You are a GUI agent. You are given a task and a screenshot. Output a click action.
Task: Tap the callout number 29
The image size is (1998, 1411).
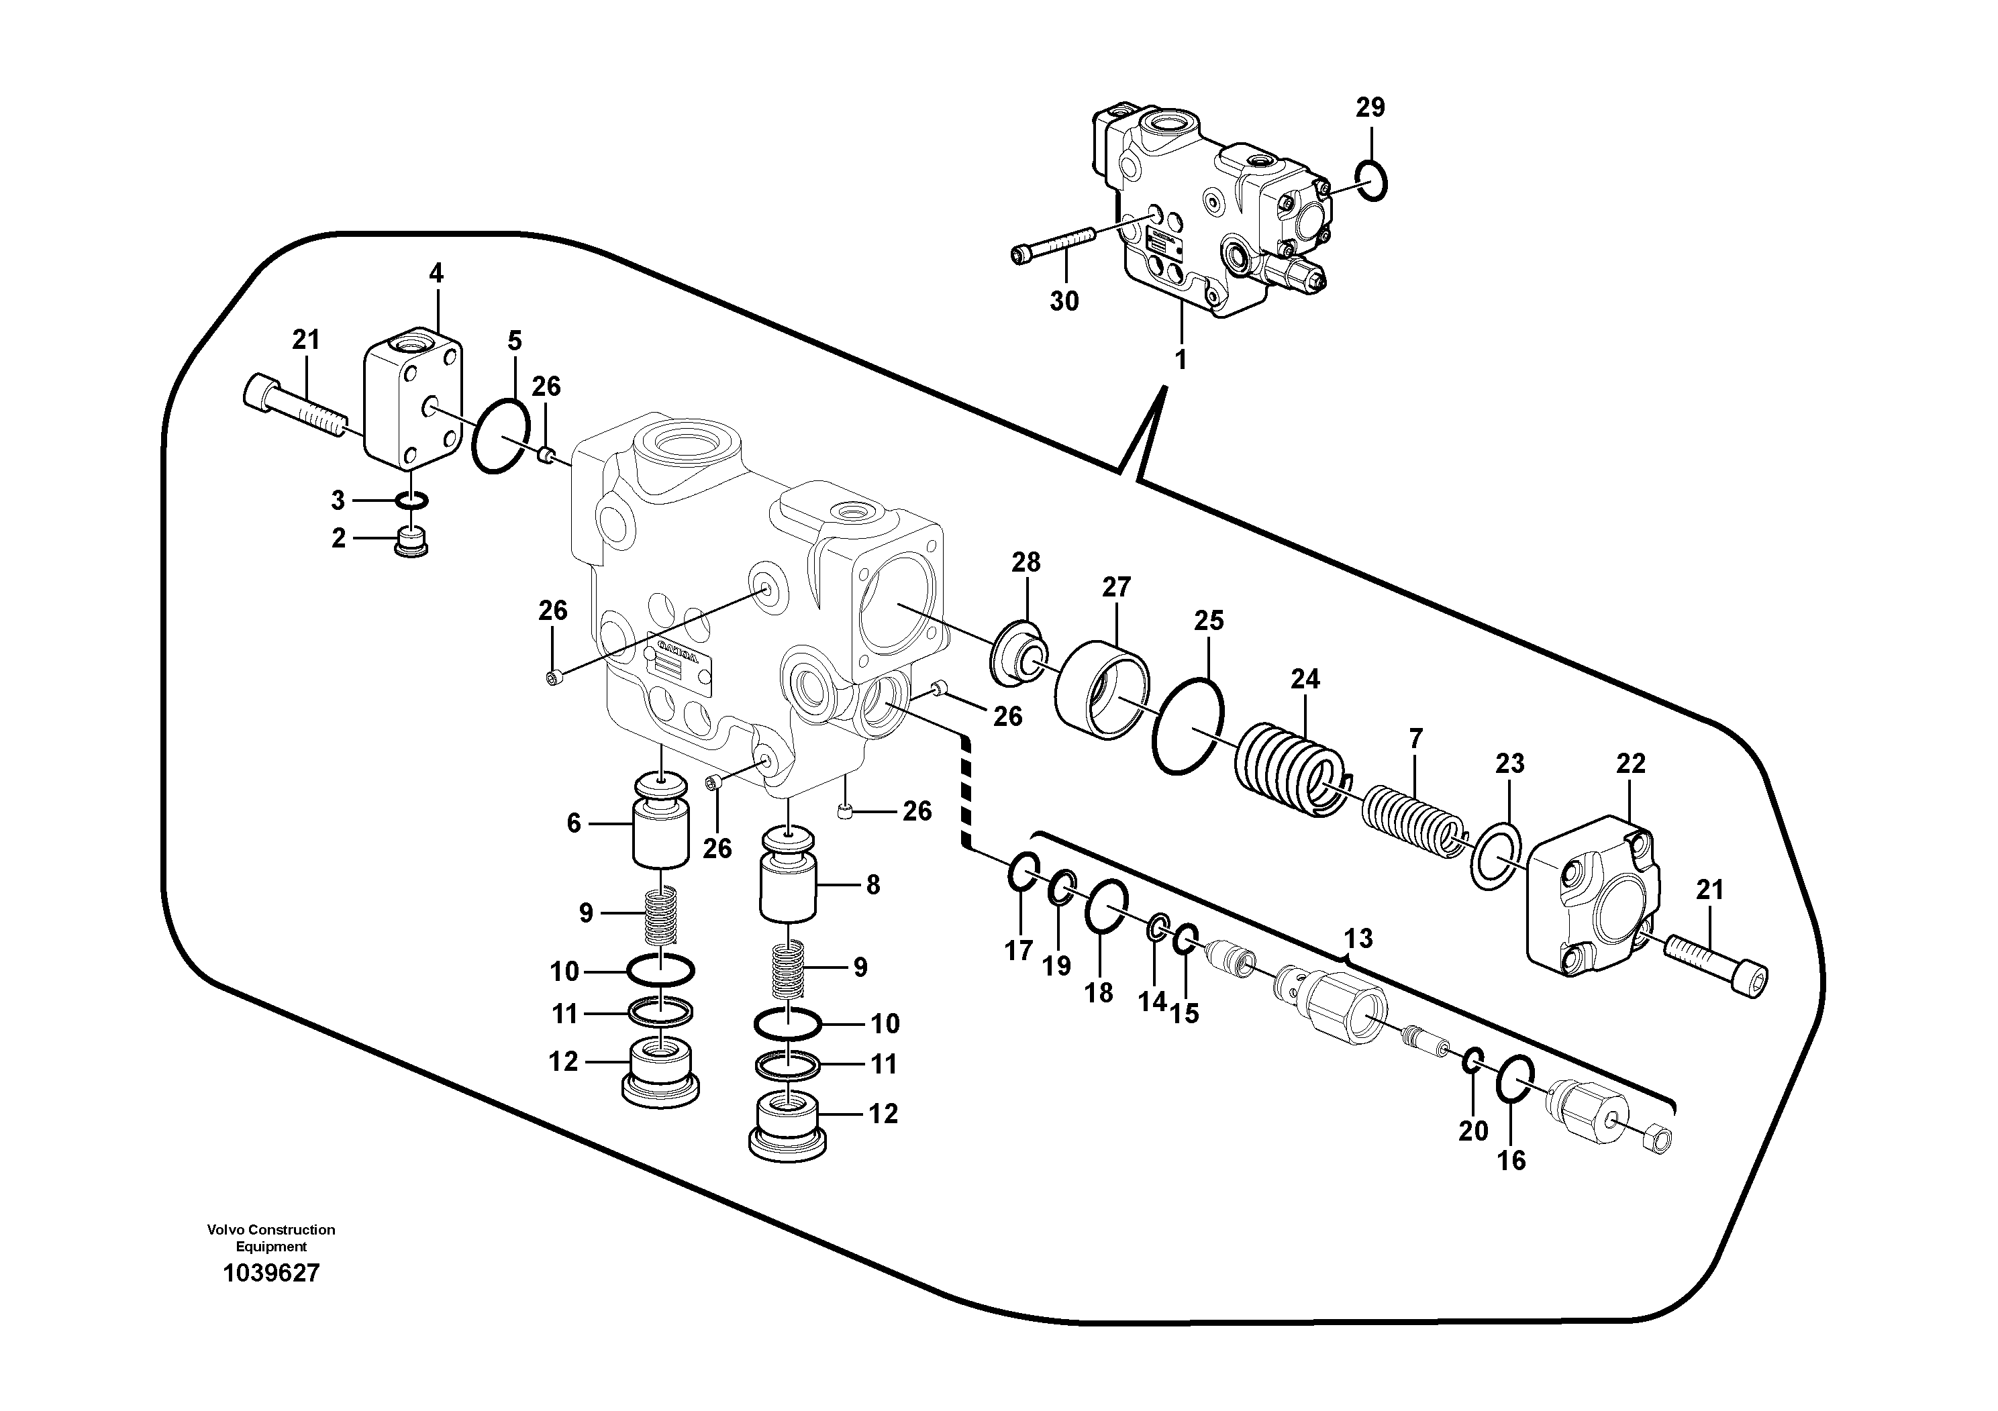[x=1370, y=108]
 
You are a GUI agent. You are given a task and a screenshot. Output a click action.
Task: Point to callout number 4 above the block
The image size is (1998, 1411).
[x=436, y=273]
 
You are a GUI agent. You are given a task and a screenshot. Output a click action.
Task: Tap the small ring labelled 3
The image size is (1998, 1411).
[x=411, y=501]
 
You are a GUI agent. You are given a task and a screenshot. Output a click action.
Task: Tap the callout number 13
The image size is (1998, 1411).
[x=1358, y=939]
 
